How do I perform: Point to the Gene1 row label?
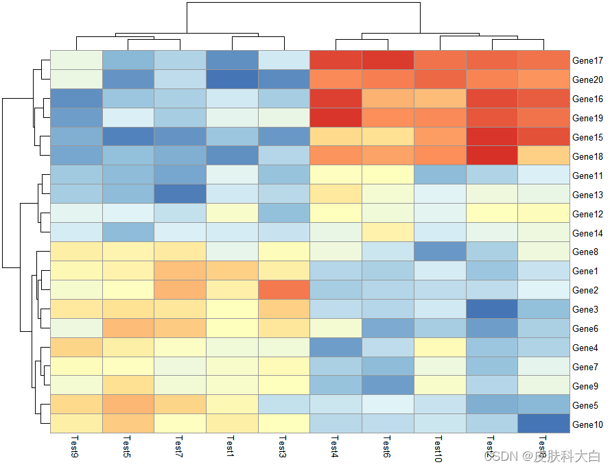[585, 272]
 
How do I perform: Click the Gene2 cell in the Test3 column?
[284, 290]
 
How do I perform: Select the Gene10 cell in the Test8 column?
[543, 424]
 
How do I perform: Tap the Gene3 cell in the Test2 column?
[491, 309]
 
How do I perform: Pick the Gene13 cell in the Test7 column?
[180, 195]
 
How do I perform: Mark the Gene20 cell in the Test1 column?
[232, 80]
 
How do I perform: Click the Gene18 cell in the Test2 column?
[491, 156]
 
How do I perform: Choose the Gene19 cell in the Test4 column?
[336, 118]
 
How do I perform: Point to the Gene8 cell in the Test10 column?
[439, 252]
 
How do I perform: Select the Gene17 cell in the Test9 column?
[75, 60]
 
